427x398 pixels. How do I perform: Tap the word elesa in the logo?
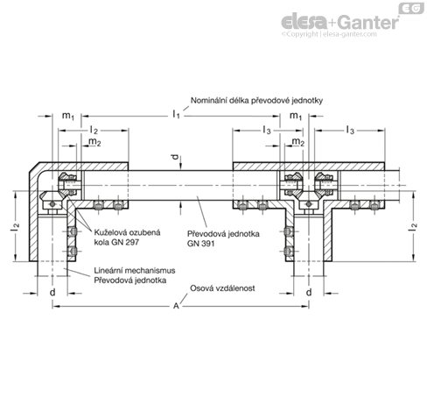304,22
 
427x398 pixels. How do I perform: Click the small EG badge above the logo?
411,8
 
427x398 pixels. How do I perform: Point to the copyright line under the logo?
329,34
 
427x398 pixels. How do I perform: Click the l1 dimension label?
176,114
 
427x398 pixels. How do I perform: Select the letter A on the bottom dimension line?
176,306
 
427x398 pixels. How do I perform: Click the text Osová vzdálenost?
222,288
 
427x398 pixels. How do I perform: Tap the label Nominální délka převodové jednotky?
256,101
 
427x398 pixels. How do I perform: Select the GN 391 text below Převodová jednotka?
200,244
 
